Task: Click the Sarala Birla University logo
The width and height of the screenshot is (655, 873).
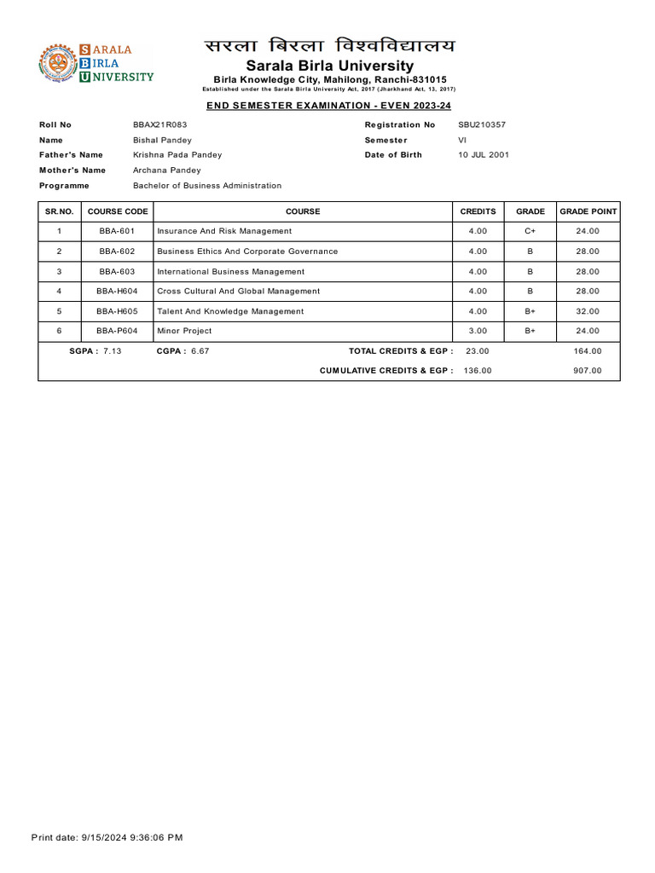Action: [x=96, y=64]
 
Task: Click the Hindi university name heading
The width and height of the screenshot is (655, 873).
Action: [x=329, y=46]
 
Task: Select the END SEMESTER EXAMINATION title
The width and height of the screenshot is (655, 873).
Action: [x=328, y=105]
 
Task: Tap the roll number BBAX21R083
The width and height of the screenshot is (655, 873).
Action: [x=160, y=124]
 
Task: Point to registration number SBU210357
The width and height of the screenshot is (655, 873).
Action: [x=482, y=124]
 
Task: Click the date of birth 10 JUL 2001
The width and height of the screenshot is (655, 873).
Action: [x=484, y=155]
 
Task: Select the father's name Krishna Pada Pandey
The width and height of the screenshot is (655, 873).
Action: [x=177, y=155]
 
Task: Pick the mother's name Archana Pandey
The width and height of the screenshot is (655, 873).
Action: [x=167, y=171]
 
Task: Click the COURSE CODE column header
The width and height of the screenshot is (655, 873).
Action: [x=118, y=211]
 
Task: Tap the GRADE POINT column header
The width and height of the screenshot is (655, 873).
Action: [x=588, y=211]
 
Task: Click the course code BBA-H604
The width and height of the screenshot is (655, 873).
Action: [x=118, y=292]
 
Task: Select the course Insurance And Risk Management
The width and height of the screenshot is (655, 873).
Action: [x=224, y=231]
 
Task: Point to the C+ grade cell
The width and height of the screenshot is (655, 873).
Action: [x=530, y=231]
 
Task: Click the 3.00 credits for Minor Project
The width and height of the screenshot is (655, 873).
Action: [x=478, y=331]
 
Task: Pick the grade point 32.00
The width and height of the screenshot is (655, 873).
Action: [x=588, y=311]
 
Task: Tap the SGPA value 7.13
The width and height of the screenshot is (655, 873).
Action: [x=112, y=350]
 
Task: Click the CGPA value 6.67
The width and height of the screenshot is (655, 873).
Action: [x=200, y=350]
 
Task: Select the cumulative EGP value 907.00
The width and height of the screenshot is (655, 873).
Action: [x=588, y=371]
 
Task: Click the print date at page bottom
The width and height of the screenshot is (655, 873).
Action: [x=107, y=837]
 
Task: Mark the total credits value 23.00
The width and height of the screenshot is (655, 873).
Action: [x=478, y=350]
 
